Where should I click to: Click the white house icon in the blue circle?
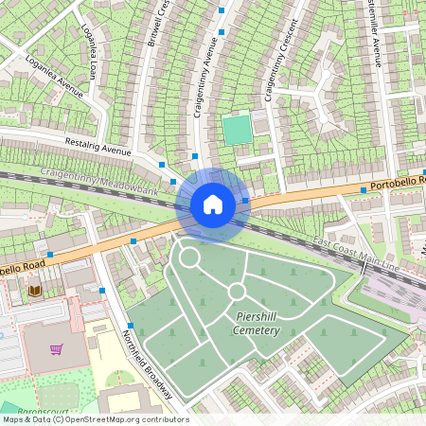213,204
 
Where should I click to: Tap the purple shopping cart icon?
57,349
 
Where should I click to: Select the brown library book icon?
35,290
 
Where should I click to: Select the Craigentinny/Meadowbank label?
98,181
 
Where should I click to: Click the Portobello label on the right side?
398,181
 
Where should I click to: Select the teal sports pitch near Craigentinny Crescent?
238,129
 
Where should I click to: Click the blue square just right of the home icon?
245,201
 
